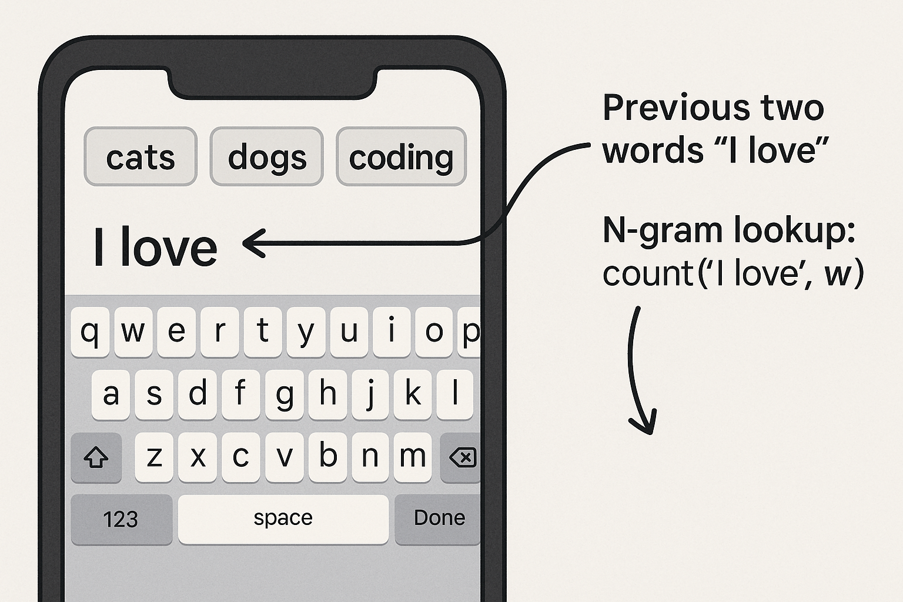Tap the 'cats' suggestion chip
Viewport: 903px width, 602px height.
(x=141, y=156)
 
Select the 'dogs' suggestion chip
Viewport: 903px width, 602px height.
(x=266, y=156)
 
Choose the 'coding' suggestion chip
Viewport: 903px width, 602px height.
(x=401, y=156)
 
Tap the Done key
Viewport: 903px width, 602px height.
(x=438, y=519)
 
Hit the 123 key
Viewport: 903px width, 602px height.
(x=121, y=519)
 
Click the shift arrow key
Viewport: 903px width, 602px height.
(x=96, y=457)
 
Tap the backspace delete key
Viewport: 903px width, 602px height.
(x=461, y=457)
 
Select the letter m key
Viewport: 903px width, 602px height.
(x=412, y=457)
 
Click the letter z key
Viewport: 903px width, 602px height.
(x=154, y=457)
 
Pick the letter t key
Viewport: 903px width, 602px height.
(x=262, y=332)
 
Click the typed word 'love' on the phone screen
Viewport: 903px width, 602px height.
(x=169, y=246)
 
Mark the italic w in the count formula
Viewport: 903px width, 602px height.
(x=838, y=275)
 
